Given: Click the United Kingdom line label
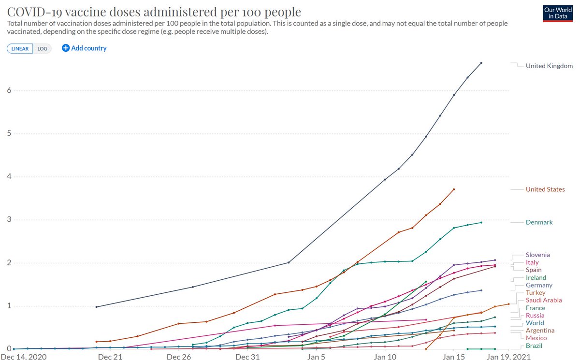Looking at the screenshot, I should coord(549,66).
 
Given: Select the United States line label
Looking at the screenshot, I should coord(545,189).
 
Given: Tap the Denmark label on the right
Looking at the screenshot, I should coord(539,222).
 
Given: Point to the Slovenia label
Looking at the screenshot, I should coord(537,255).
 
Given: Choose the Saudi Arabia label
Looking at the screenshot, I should coord(544,300).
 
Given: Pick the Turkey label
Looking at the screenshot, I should coord(536,293).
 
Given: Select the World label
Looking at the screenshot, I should coord(535,323).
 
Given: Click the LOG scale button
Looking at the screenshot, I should coord(43,48).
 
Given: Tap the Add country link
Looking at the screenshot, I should coord(85,48).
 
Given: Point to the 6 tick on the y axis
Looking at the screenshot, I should coord(9,91).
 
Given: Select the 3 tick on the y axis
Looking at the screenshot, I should coord(9,220).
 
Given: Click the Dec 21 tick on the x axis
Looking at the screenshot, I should coord(110,357).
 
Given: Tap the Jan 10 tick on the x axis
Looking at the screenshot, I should coord(385,357).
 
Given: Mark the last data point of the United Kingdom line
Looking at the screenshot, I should coord(481,63).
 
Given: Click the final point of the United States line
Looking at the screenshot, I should coord(454,189).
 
